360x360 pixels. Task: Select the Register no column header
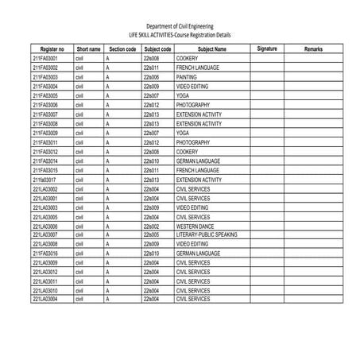[x=50, y=49]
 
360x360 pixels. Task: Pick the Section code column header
[x=122, y=49]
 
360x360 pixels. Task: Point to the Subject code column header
[x=157, y=49]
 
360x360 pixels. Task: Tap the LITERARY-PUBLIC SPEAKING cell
[x=207, y=234]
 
